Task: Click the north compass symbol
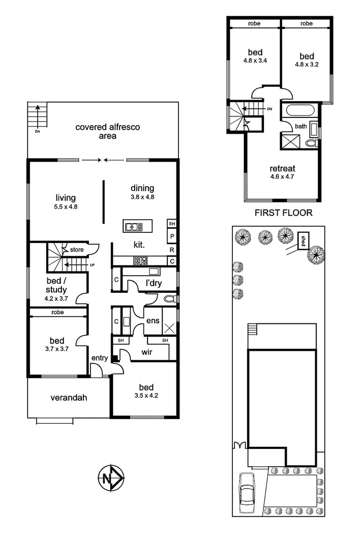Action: point(110,478)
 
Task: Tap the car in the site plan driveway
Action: point(247,492)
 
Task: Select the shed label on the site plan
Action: point(304,241)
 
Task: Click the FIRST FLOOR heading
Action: point(283,213)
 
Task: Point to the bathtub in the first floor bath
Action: point(300,111)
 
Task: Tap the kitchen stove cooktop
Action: point(140,260)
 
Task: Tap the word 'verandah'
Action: point(69,397)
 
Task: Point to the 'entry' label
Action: point(99,358)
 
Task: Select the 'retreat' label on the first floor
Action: point(283,169)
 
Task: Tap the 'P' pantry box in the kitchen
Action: point(172,237)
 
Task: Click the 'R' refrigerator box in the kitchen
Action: point(172,250)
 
